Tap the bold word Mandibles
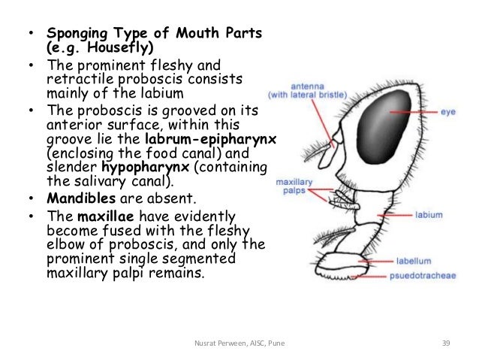pyautogui.click(x=77, y=198)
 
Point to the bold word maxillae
pyautogui.click(x=107, y=216)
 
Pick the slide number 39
pyautogui.click(x=445, y=343)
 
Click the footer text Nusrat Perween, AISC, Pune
pyautogui.click(x=239, y=343)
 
